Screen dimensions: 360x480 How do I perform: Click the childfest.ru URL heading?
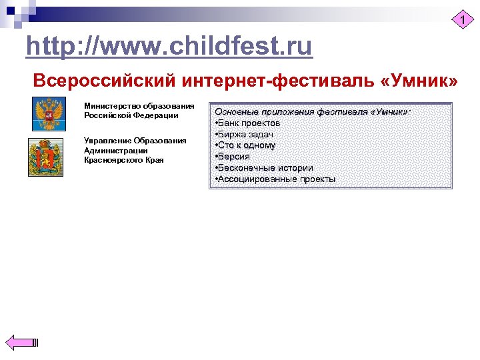[169, 47]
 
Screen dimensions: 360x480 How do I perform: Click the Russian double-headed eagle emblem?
[47, 114]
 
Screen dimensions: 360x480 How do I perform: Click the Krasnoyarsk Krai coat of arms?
[45, 157]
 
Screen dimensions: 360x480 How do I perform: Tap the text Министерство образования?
[139, 105]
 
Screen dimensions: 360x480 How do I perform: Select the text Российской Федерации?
[131, 115]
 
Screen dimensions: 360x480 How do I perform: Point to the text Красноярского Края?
[123, 160]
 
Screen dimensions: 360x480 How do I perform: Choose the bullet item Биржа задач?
[246, 135]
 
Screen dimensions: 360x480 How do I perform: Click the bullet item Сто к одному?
[247, 145]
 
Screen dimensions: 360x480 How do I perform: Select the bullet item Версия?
[234, 157]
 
